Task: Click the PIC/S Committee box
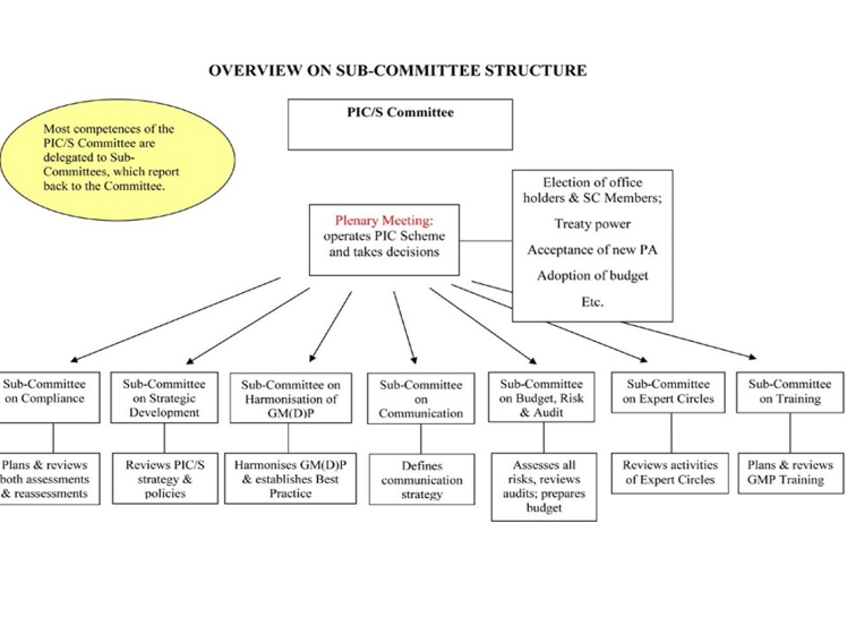click(400, 124)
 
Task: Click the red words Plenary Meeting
click(382, 220)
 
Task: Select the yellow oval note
click(118, 159)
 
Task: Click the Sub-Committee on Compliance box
click(48, 397)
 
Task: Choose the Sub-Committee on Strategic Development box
click(164, 398)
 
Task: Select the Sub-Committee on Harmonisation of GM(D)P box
click(291, 398)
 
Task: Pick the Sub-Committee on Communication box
click(421, 399)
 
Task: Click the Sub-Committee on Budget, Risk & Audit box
click(541, 397)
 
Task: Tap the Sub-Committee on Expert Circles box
click(668, 392)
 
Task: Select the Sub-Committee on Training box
click(790, 392)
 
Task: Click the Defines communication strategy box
click(422, 479)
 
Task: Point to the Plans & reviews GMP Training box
click(791, 473)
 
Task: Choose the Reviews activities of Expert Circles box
click(670, 473)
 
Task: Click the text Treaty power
click(592, 224)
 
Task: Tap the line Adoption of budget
click(592, 276)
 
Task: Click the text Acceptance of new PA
click(592, 250)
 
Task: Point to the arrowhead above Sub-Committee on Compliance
click(74, 360)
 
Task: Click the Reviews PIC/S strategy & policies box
click(165, 479)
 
